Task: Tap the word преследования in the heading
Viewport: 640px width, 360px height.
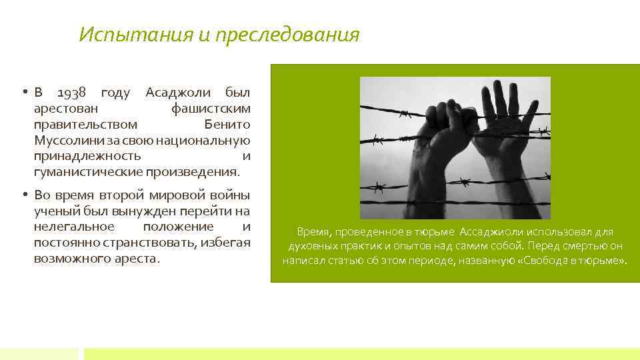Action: (x=287, y=35)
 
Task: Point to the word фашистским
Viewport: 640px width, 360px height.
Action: (x=211, y=108)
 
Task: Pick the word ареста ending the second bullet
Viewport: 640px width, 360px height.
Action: (x=139, y=259)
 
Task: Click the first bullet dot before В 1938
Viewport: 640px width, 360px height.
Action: (x=23, y=92)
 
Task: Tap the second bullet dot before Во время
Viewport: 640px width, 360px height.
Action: (x=23, y=195)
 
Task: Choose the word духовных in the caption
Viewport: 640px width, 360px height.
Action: (x=310, y=246)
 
